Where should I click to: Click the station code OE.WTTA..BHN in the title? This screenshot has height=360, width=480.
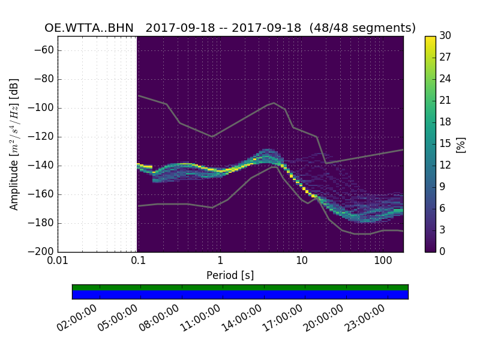coord(89,28)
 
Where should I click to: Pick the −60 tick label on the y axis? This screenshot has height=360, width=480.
coord(42,50)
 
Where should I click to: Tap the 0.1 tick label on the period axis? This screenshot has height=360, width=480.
coord(138,261)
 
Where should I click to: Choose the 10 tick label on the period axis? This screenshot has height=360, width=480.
coord(302,261)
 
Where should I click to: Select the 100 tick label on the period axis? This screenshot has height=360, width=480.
coord(383,261)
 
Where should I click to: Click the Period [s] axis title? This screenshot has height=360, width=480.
coord(230,275)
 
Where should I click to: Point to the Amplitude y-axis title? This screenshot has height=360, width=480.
coord(14,144)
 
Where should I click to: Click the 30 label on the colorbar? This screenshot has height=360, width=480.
coord(445,36)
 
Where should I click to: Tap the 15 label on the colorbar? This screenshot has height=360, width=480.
coord(445,144)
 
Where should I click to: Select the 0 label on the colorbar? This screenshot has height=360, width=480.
coord(443,252)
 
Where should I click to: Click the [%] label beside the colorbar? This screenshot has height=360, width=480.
coord(461,144)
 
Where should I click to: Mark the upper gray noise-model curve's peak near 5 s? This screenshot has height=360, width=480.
coord(274,103)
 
